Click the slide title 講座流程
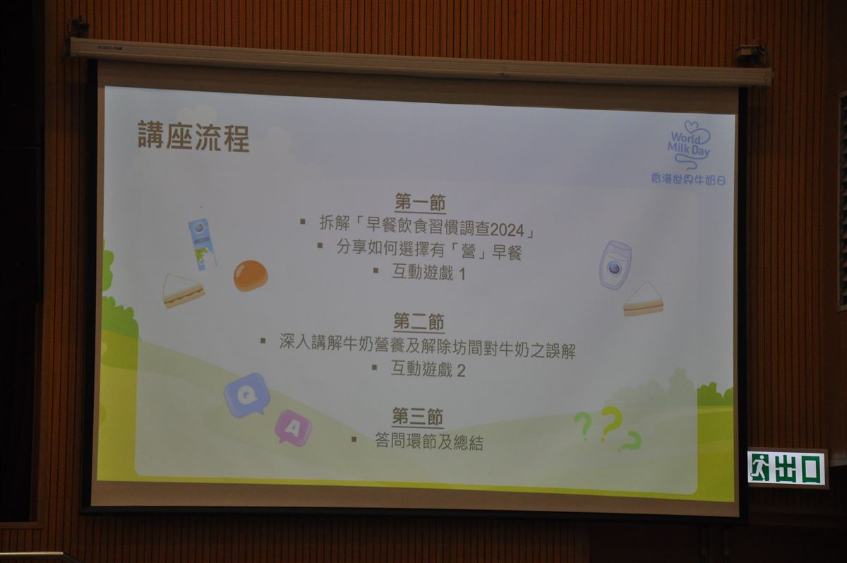coord(193,136)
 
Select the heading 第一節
coord(420,203)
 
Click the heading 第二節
coord(419,322)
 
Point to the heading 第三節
coord(417,417)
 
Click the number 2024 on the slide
coord(507,230)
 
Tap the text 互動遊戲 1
coord(429,273)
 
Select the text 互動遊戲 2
coord(428,369)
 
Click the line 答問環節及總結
coord(429,442)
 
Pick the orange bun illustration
coord(251,275)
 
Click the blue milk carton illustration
coord(203,244)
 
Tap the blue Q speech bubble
coord(247,395)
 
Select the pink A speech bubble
coord(293,427)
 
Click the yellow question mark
coord(612,423)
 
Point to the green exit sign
coord(786,468)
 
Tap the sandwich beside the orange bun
coord(183,290)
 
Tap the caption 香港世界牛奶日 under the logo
coord(688,179)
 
